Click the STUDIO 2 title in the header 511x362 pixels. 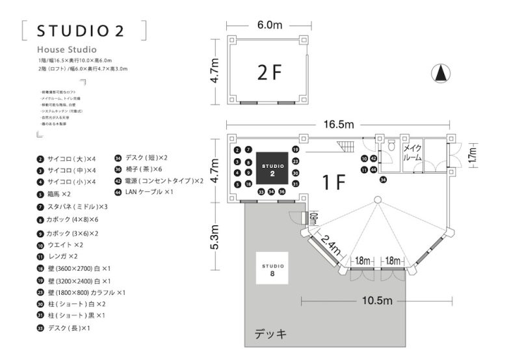point(81,31)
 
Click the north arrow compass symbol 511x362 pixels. point(441,73)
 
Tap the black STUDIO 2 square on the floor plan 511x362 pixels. point(272,171)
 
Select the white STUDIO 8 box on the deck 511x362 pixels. point(272,270)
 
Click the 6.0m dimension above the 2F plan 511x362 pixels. point(269,25)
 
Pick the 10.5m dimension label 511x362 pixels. point(377,300)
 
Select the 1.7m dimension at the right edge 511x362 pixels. point(473,155)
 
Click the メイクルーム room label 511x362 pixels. point(412,153)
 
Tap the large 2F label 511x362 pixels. point(269,74)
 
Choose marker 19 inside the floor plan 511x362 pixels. point(295,149)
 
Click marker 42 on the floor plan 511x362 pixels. point(373,158)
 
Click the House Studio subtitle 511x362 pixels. point(67,49)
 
